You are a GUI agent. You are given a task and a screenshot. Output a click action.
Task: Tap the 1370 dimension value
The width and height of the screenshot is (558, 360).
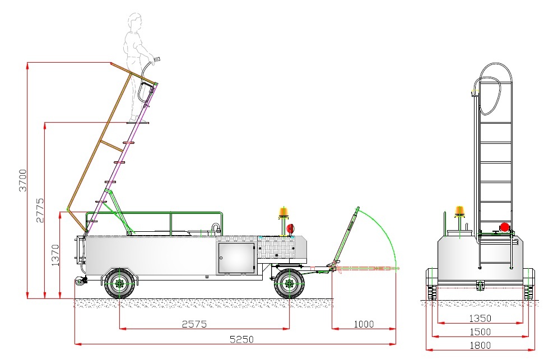(55, 254)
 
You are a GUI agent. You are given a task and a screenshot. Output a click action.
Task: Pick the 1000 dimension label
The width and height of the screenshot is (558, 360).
(364, 324)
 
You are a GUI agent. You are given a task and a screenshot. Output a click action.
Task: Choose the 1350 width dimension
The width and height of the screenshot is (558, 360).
(480, 319)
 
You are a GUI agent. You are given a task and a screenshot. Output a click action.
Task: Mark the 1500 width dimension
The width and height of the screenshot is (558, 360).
(480, 332)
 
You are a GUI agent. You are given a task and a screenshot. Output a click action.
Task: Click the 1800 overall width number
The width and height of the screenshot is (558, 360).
(480, 345)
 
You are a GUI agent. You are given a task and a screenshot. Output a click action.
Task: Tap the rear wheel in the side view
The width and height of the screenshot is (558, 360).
(120, 284)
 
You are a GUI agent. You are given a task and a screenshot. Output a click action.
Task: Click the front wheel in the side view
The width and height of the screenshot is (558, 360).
(289, 284)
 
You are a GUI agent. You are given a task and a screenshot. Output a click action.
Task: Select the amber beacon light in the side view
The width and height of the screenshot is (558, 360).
(283, 213)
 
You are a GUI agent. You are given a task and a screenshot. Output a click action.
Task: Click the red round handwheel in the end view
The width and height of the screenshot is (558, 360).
(504, 227)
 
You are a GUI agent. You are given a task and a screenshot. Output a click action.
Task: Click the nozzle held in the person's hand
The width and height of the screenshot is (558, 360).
(157, 59)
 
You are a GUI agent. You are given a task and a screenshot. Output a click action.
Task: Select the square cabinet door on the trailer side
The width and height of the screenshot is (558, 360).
(236, 258)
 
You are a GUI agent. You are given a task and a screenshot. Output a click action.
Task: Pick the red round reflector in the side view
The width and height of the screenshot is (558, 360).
(290, 228)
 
